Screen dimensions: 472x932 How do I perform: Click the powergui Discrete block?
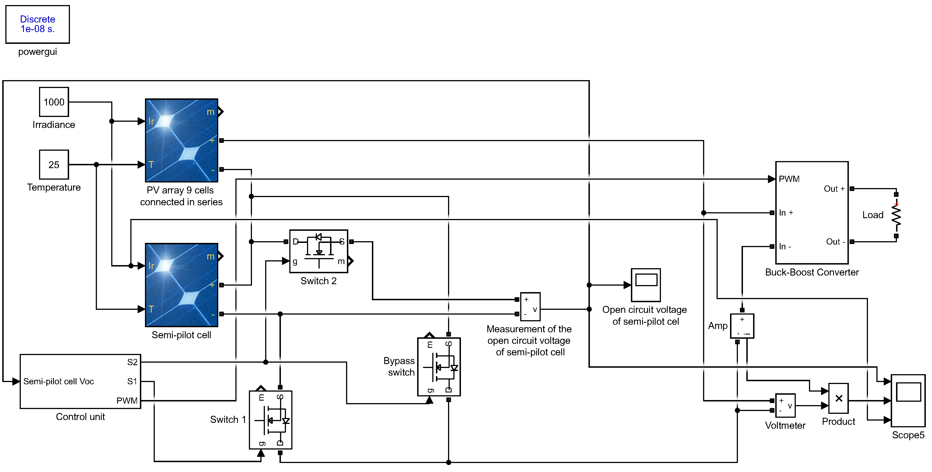click(x=38, y=24)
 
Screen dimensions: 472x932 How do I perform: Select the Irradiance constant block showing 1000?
click(x=54, y=102)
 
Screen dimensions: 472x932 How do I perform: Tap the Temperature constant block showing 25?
click(x=54, y=165)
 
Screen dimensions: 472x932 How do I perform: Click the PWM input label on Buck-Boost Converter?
click(x=789, y=179)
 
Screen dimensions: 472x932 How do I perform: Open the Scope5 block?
click(x=908, y=400)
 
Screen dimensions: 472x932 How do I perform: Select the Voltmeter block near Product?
click(x=785, y=405)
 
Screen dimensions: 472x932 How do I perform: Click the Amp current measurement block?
click(x=742, y=326)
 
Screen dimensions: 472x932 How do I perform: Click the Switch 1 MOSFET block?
click(x=270, y=420)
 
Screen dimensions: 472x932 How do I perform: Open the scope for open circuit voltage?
click(x=646, y=285)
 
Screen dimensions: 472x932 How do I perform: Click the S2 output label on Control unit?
click(x=132, y=362)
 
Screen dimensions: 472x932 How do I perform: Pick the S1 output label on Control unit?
click(x=132, y=381)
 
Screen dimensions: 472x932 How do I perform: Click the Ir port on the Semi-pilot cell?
click(x=151, y=266)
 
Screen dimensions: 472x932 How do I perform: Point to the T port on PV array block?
click(x=151, y=165)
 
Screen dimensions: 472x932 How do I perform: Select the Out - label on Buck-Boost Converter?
click(x=835, y=241)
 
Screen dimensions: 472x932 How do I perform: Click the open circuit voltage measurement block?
click(x=530, y=307)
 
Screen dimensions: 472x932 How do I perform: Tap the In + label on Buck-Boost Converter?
click(x=786, y=213)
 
